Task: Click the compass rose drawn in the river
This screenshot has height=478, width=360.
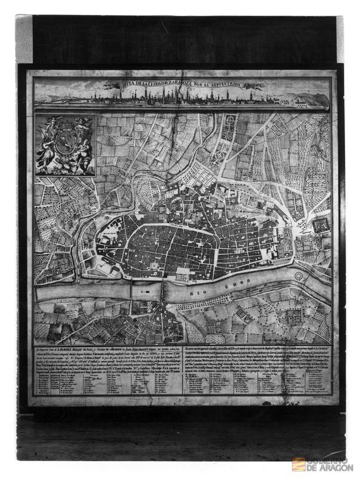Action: pyautogui.click(x=299, y=277)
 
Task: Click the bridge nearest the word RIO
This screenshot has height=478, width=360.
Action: pyautogui.click(x=161, y=292)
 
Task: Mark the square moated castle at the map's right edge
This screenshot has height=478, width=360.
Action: pyautogui.click(x=321, y=225)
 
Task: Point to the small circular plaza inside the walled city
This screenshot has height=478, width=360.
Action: pyautogui.click(x=155, y=264)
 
